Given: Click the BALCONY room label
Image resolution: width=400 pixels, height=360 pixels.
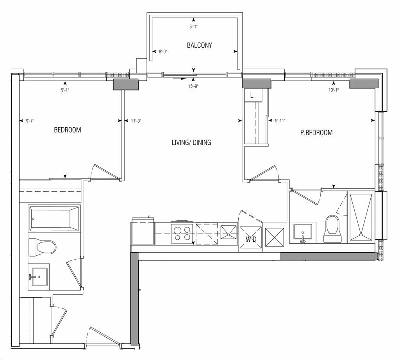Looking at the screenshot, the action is point(199,45).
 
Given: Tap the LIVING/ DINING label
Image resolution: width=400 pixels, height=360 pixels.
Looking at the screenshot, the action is point(191,142).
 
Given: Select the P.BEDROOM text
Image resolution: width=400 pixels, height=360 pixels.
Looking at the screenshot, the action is point(316,133).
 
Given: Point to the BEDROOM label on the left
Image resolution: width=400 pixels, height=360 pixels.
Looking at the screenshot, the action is point(67,130).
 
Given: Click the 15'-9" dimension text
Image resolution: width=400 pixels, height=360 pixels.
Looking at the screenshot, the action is point(193,86).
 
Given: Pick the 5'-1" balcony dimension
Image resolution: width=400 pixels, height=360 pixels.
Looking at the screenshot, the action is point(194,27).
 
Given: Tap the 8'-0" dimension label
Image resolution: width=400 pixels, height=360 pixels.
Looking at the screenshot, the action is point(163,52).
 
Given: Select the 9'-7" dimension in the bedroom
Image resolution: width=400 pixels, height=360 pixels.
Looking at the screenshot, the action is point(30,121).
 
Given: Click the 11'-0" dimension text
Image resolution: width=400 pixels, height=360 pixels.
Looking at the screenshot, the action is point(136,121).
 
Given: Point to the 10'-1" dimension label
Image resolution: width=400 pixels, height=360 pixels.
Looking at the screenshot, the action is point(334,90).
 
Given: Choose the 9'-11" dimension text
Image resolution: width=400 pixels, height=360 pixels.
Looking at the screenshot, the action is point(280,121).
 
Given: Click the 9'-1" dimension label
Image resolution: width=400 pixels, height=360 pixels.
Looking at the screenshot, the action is point(65,90).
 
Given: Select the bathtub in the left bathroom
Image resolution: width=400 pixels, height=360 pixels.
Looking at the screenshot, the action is point(54,219).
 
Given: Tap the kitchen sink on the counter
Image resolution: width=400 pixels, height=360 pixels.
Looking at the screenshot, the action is point(229,232).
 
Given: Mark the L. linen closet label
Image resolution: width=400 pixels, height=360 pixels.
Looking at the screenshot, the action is point(252,96).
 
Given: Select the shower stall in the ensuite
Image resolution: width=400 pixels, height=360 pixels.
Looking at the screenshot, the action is point(361,217).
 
